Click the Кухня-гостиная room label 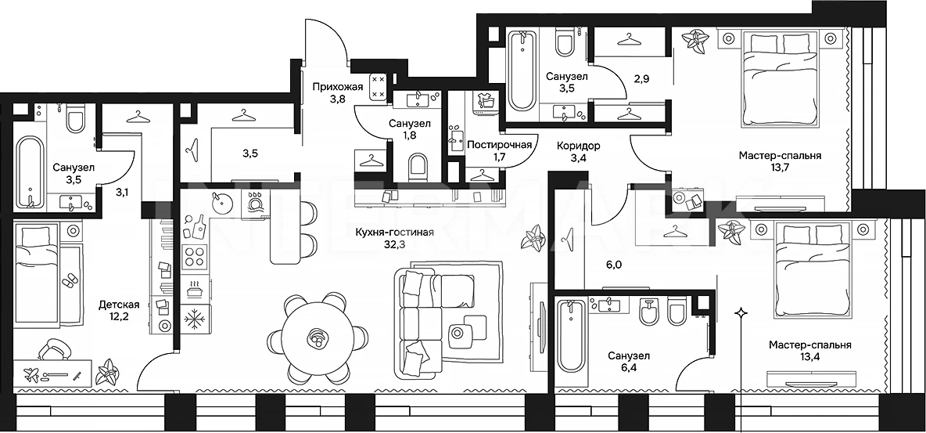click(x=394, y=233)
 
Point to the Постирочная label click(x=499, y=144)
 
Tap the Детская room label click(x=120, y=305)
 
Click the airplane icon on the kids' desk click(x=31, y=373)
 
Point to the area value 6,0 click(x=614, y=265)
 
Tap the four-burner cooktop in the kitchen click(x=194, y=257)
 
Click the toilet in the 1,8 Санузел click(x=417, y=167)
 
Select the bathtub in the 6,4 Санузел click(x=571, y=335)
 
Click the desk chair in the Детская click(x=53, y=349)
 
